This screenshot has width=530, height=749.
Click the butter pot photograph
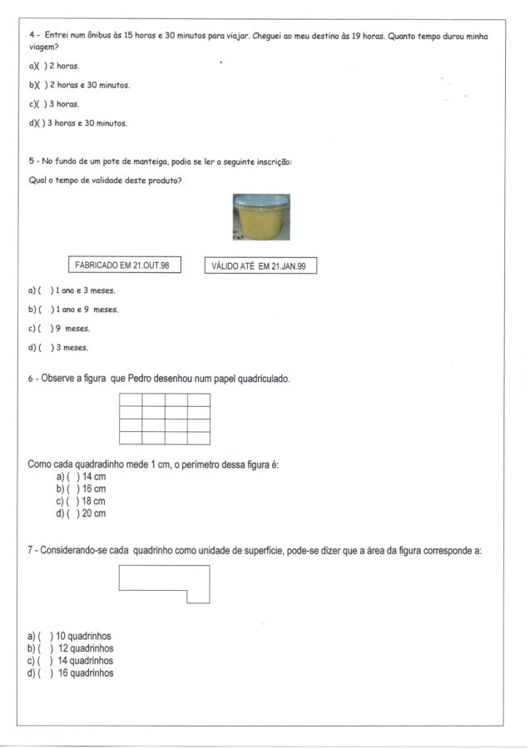260,217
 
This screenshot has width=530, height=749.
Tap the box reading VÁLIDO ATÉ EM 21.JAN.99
260,265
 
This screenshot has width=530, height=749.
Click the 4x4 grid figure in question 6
165,419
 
